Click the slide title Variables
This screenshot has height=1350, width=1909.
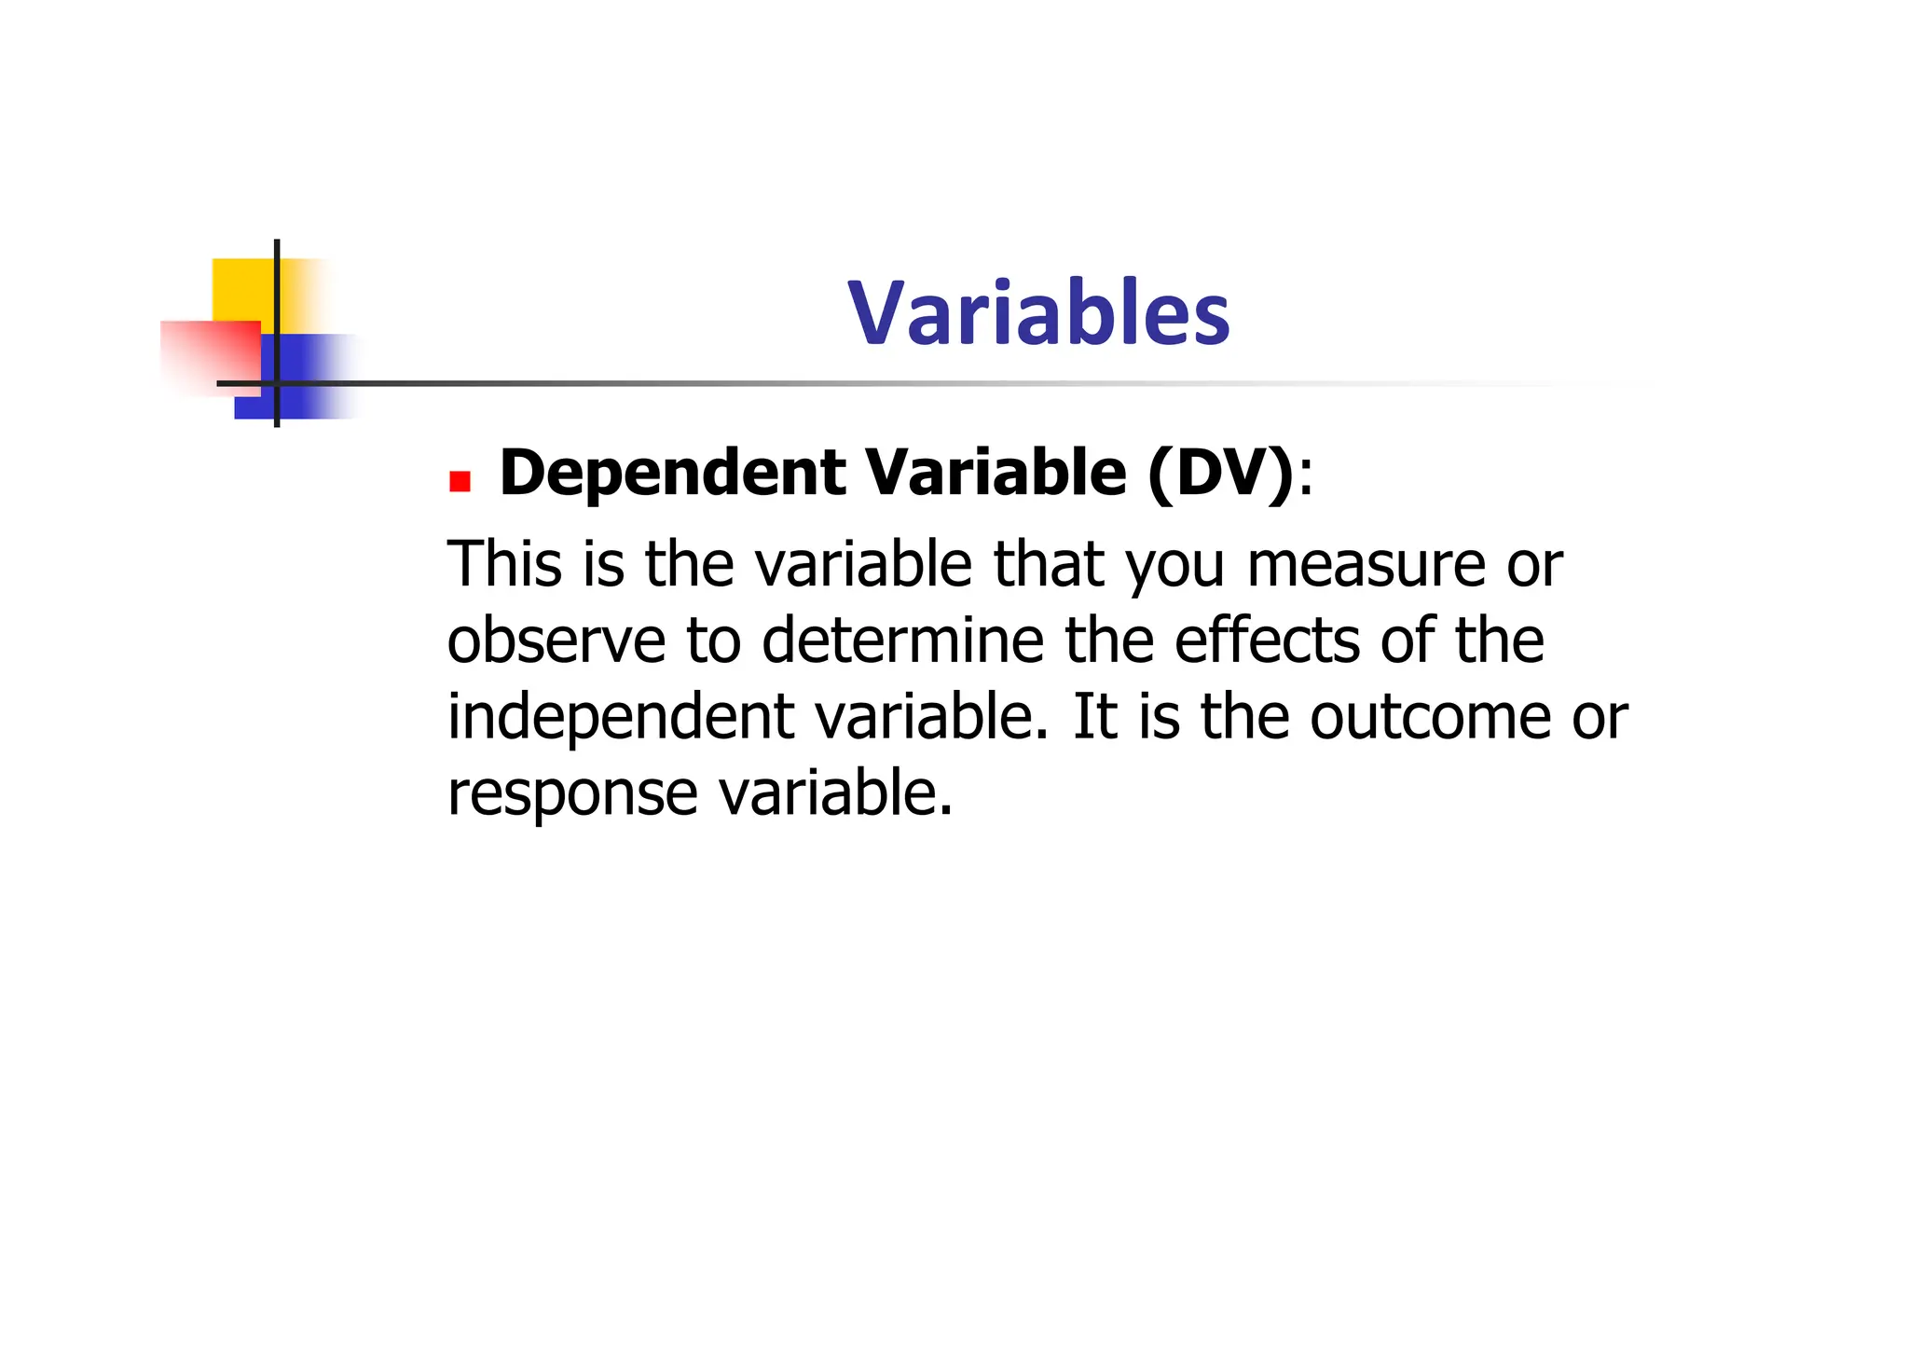pos(1038,313)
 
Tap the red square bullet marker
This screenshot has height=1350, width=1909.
pos(460,481)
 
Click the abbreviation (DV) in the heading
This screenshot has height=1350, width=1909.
pos(1221,474)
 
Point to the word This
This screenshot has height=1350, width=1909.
pos(504,564)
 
